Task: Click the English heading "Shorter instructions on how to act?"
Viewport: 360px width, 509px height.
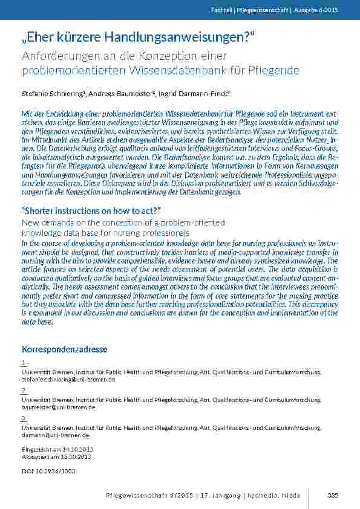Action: [90, 210]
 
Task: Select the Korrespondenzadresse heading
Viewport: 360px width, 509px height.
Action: [64, 349]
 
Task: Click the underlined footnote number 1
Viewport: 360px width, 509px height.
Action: [23, 363]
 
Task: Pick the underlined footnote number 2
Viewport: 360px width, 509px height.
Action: [23, 391]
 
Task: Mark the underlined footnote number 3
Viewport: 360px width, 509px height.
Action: [23, 418]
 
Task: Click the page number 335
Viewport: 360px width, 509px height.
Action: [332, 496]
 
